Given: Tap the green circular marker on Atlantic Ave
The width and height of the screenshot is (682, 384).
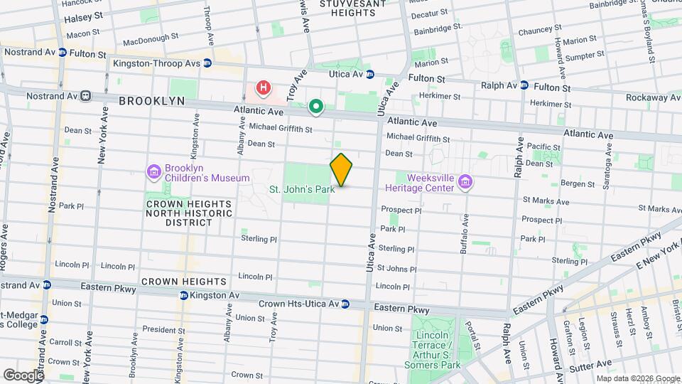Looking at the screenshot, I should [316, 107].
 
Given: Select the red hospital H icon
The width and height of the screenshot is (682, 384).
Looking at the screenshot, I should [264, 89].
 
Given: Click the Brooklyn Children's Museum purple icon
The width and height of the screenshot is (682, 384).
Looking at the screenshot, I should [153, 172].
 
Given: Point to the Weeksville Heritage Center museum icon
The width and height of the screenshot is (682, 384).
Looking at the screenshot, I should [465, 183].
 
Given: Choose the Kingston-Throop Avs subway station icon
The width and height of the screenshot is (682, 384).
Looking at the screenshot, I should [207, 63].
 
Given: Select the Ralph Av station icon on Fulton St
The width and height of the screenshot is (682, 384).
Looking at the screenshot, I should [524, 85].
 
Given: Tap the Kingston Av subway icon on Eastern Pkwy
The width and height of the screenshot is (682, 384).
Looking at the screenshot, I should [183, 294].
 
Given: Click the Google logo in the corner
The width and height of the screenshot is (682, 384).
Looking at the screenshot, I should [23, 374].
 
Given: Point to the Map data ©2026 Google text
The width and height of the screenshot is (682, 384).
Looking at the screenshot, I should [637, 378].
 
